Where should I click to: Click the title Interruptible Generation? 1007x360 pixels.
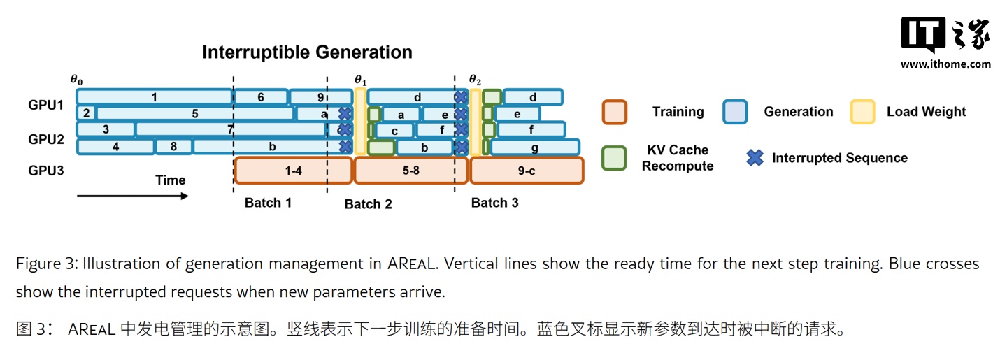pos(307,52)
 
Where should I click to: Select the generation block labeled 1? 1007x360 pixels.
pos(154,97)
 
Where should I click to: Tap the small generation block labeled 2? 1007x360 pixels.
pos(86,113)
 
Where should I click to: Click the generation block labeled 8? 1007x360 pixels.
pos(173,147)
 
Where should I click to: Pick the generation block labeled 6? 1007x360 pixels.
pos(260,97)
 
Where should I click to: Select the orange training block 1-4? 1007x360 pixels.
pos(293,171)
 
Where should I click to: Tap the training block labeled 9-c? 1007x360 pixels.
pos(526,171)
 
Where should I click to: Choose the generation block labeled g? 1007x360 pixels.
pos(535,147)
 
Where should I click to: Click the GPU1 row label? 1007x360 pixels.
pos(46,106)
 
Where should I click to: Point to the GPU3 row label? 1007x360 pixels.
pos(46,170)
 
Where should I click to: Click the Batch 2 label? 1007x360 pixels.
pos(368,204)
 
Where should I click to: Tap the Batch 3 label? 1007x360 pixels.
pos(494,203)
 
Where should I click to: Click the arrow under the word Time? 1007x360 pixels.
pos(133,196)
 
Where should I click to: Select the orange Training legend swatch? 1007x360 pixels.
pos(614,112)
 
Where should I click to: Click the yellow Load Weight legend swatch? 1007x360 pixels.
pos(862,112)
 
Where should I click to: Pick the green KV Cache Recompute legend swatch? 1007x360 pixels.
pos(614,158)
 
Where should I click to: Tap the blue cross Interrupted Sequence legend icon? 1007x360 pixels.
pos(755,158)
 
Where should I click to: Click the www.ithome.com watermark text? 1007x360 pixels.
pos(945,64)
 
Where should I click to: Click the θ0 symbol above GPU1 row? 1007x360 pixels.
pos(76,80)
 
